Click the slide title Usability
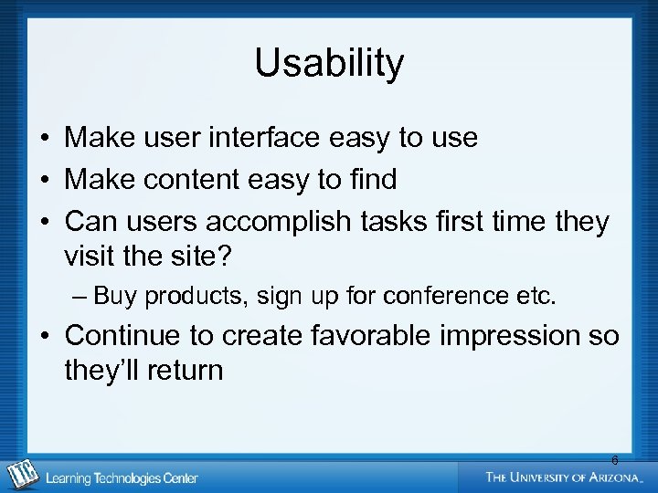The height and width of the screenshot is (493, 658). pyautogui.click(x=329, y=64)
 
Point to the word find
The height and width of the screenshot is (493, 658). pyautogui.click(x=372, y=180)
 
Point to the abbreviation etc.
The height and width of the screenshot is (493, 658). pyautogui.click(x=536, y=296)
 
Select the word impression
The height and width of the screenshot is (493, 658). pyautogui.click(x=499, y=336)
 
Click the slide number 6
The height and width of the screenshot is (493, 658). pyautogui.click(x=614, y=460)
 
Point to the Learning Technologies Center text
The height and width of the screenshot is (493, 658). pyautogui.click(x=122, y=478)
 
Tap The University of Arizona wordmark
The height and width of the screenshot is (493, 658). pyautogui.click(x=563, y=477)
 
